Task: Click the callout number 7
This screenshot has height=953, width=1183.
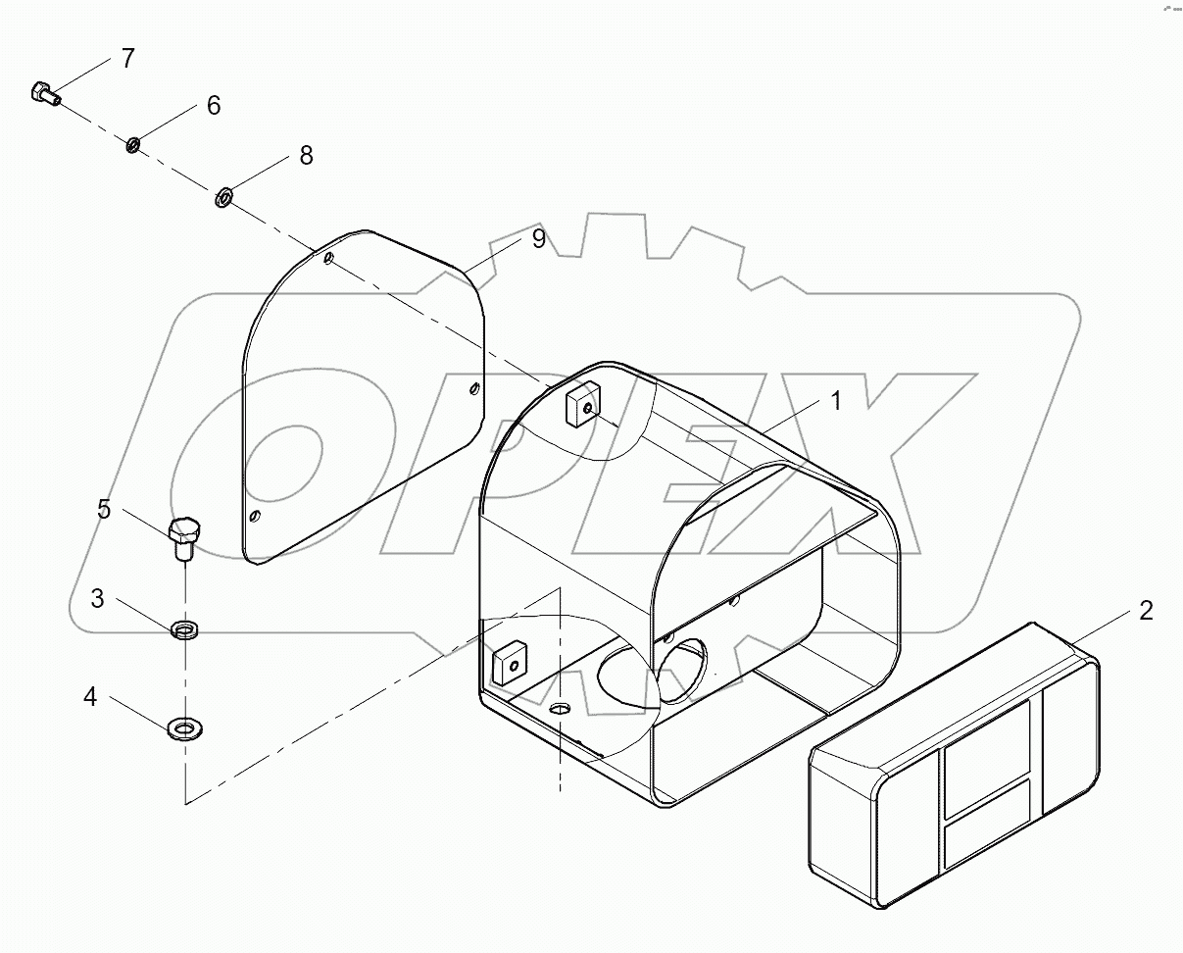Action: tap(127, 58)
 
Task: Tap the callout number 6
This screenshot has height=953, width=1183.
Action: tap(213, 105)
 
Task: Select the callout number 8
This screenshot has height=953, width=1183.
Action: tap(306, 155)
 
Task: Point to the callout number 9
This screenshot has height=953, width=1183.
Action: tap(538, 238)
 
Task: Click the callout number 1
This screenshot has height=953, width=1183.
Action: tap(835, 400)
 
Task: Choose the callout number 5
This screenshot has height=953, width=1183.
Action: tap(103, 509)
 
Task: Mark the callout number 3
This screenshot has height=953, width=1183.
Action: tap(98, 598)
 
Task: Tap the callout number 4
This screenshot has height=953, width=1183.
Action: tap(90, 697)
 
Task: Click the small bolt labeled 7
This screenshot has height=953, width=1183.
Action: tap(45, 94)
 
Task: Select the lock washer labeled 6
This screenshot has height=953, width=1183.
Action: tap(132, 146)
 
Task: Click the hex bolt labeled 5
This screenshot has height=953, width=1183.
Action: tap(183, 537)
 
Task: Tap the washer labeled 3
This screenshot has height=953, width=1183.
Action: tap(183, 629)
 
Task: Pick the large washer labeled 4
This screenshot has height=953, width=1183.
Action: tap(184, 728)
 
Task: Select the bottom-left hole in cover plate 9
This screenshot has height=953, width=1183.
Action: tap(255, 516)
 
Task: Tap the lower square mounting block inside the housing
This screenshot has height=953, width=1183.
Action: tap(510, 665)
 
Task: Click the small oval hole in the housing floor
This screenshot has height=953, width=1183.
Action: tap(560, 708)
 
